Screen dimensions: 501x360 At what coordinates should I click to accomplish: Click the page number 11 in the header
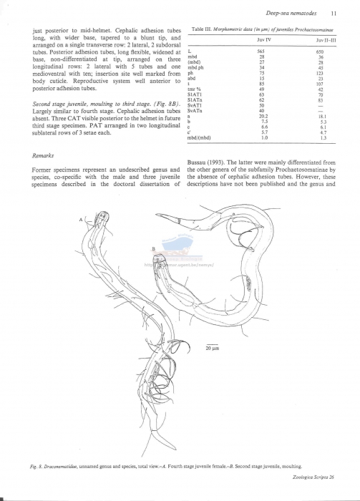pos(334,13)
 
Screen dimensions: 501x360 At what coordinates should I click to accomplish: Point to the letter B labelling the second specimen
pos(153,248)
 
